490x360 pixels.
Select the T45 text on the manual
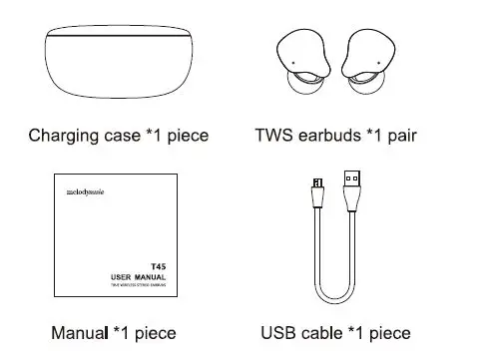coord(157,266)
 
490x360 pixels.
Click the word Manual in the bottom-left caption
coord(77,332)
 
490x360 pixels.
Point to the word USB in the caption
coord(278,332)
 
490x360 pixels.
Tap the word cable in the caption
coord(324,332)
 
